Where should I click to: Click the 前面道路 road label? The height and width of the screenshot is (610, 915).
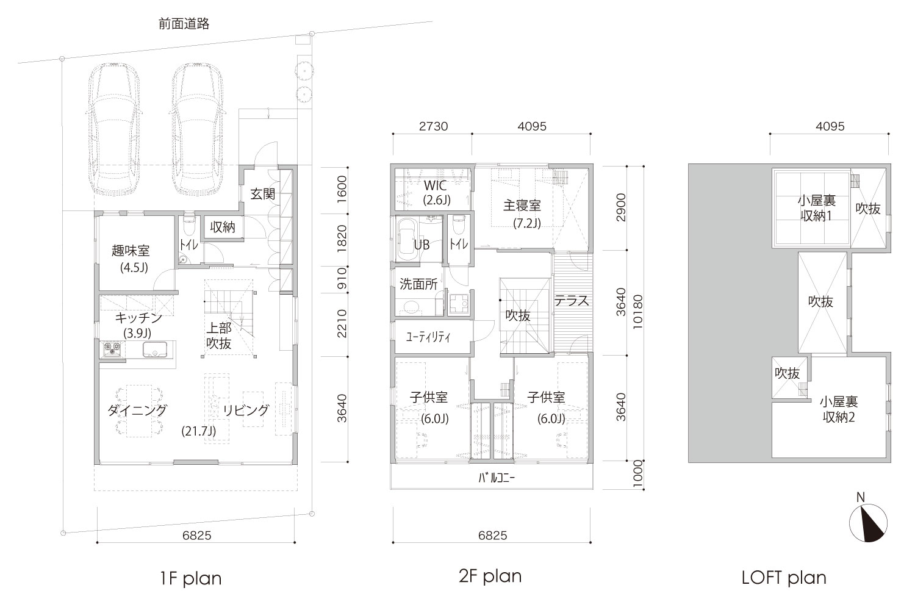click(x=184, y=24)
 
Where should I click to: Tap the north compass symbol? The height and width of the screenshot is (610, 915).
click(x=868, y=523)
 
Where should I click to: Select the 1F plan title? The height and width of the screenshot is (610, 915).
click(x=191, y=578)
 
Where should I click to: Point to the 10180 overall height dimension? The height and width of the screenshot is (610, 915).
click(x=637, y=312)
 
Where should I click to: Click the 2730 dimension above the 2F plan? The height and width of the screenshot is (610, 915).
click(x=433, y=126)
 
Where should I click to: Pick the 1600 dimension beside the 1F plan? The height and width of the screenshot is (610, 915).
click(x=342, y=189)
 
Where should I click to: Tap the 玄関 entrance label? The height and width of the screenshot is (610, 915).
click(x=263, y=193)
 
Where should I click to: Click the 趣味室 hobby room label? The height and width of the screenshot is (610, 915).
click(x=131, y=251)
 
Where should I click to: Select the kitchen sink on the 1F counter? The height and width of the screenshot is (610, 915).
click(x=155, y=350)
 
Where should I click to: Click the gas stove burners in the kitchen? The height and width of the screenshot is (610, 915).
click(x=112, y=350)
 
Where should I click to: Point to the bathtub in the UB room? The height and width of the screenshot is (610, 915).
click(x=407, y=240)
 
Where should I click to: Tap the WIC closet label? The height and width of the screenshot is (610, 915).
click(x=435, y=186)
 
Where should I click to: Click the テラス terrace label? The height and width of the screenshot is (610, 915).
click(x=572, y=301)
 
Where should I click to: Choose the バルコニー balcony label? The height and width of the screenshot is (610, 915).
click(x=497, y=478)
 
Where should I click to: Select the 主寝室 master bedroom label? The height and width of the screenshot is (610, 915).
click(x=522, y=206)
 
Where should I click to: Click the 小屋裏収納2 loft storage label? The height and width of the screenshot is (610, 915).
click(x=839, y=410)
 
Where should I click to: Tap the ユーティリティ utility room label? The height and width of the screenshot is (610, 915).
click(x=428, y=337)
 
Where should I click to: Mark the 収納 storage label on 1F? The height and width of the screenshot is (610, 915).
click(x=223, y=227)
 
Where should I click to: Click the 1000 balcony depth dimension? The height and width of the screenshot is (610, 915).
click(x=637, y=474)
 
